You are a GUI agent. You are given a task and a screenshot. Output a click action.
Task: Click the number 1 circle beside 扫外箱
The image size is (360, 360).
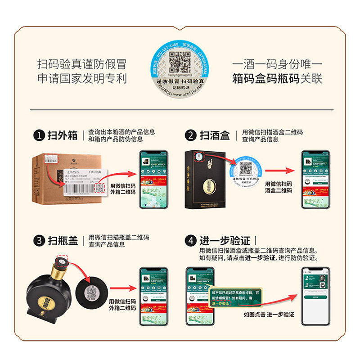(x=39, y=135)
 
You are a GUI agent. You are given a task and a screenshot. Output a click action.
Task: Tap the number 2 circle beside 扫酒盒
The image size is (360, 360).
(x=192, y=135)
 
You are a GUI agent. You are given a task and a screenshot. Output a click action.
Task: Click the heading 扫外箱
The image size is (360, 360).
(x=63, y=135)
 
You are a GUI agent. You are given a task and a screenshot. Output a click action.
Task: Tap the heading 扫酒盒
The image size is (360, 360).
(x=215, y=135)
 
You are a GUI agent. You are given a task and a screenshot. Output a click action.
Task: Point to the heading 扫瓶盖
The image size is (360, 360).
(x=63, y=241)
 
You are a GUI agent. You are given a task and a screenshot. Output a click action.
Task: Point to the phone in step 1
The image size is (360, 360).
(x=153, y=179)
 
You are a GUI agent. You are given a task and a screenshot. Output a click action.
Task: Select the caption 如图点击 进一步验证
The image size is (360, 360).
(x=269, y=315)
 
